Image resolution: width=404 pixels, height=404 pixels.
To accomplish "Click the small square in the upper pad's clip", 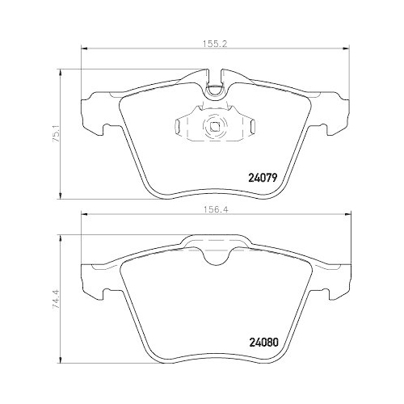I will [x=215, y=125].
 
